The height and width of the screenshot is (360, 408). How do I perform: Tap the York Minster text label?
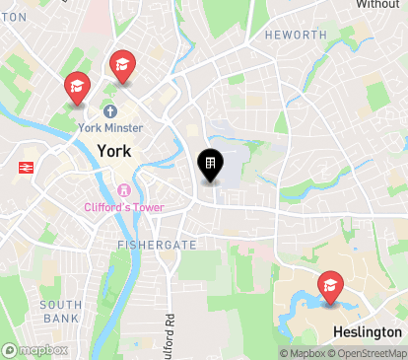[111, 128]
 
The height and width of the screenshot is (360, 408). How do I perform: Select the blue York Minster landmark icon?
[109, 111]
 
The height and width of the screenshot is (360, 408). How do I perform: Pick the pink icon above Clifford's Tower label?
[123, 190]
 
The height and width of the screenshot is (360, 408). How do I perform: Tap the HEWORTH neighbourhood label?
[295, 35]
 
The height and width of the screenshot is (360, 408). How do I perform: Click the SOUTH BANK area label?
[61, 312]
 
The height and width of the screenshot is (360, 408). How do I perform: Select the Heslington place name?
[368, 332]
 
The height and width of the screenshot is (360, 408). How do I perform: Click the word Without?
[377, 5]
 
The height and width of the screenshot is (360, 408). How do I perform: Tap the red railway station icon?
[25, 168]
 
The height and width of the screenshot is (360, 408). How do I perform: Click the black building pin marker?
[210, 164]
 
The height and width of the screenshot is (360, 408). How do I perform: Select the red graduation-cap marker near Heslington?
[331, 286]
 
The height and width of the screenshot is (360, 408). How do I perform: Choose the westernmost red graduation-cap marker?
[76, 87]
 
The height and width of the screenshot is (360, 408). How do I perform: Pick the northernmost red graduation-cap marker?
[122, 65]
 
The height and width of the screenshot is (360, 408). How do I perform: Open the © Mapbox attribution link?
[302, 353]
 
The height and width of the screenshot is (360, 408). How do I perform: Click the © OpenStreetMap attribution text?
[369, 353]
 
